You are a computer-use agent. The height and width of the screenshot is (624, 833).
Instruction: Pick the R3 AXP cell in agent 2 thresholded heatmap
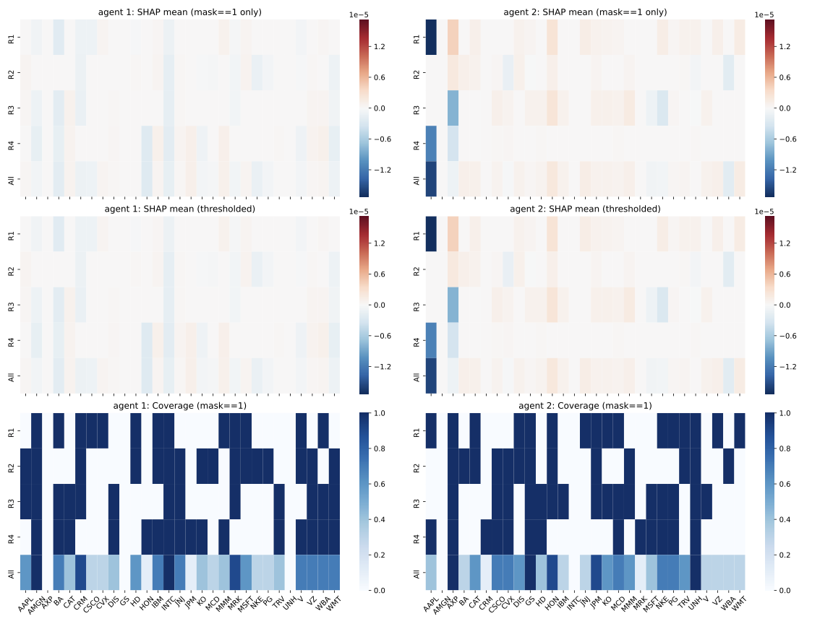[x=453, y=305]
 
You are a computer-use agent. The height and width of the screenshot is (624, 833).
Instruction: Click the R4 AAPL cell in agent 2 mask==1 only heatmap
[x=431, y=144]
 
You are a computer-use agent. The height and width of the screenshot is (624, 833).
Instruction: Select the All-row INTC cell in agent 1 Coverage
[x=168, y=573]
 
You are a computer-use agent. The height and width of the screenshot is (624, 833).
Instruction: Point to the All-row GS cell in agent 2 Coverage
[x=531, y=573]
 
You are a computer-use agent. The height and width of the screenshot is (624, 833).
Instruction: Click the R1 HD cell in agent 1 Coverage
[x=135, y=430]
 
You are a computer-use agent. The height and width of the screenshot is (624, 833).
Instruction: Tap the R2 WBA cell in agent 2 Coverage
[x=729, y=466]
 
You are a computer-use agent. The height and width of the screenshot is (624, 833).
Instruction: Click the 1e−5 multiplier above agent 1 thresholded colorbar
[x=369, y=212]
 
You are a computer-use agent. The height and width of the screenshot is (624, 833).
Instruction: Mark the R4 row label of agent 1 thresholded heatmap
[x=10, y=341]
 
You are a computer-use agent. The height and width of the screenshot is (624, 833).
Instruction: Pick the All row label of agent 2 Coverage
[x=416, y=573]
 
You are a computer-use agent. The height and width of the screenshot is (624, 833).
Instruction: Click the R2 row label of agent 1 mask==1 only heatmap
[x=10, y=73]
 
